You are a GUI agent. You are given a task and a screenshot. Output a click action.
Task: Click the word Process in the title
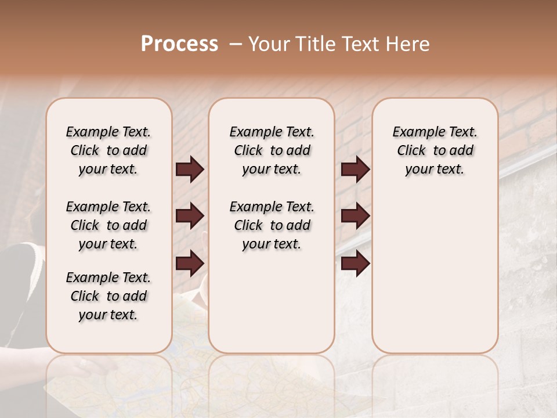(179, 44)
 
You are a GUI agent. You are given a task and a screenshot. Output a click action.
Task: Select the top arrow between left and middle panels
(190, 170)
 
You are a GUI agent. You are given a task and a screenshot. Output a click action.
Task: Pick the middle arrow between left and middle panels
(190, 216)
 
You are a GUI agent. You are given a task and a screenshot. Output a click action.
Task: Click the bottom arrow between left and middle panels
(190, 263)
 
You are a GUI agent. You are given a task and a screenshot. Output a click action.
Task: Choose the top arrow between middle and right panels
(355, 170)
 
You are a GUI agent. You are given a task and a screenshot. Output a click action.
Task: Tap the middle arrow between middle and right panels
(355, 216)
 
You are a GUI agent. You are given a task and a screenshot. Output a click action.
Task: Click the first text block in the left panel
(108, 150)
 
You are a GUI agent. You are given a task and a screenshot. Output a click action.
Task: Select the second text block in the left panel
(108, 225)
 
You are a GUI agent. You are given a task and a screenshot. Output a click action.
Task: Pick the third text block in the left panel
(108, 296)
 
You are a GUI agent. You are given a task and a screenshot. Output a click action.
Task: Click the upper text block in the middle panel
(272, 150)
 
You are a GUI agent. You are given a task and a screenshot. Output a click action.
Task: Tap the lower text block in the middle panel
(272, 225)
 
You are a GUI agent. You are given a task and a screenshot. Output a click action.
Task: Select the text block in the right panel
(435, 150)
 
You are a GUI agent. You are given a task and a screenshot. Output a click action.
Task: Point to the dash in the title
(235, 44)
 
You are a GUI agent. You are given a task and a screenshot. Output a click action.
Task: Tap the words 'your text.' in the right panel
(435, 170)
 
